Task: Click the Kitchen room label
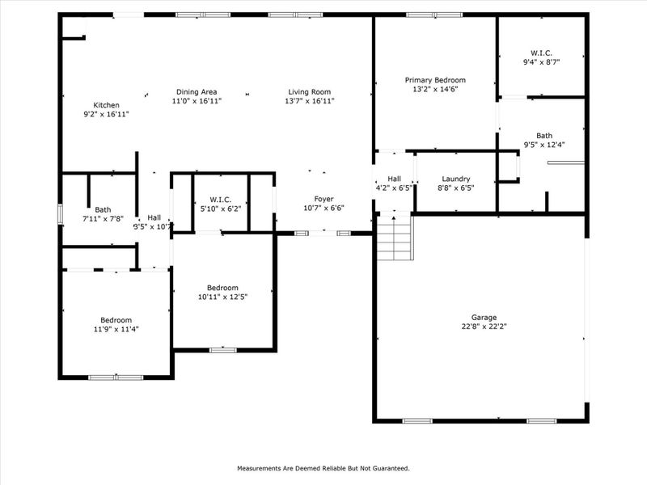tap(107, 105)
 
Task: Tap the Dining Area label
tap(197, 91)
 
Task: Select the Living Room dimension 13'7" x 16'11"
tap(310, 102)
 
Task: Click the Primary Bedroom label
tap(435, 80)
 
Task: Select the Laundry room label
tap(455, 179)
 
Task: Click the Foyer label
tap(323, 199)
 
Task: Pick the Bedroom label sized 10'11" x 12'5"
tap(222, 288)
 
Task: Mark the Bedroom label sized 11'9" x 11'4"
tap(116, 320)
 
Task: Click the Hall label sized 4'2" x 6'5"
tap(395, 179)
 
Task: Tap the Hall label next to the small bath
tap(154, 217)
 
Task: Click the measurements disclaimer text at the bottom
tap(323, 468)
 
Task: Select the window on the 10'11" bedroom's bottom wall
tap(223, 350)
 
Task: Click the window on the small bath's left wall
tap(59, 213)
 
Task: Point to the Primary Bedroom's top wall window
tap(434, 15)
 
